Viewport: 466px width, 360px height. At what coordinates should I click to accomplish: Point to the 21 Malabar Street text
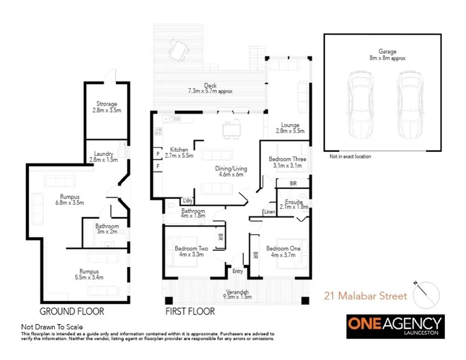pyautogui.click(x=366, y=296)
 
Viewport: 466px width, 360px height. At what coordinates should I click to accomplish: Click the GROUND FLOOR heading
pyautogui.click(x=71, y=311)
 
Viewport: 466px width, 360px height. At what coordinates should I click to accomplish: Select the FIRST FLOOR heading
pyautogui.click(x=190, y=311)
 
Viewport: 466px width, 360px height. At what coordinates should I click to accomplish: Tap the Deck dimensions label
pyautogui.click(x=210, y=88)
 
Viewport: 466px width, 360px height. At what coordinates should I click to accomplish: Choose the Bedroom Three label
pyautogui.click(x=288, y=162)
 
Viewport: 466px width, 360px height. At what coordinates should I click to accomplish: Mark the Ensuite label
pyautogui.click(x=294, y=204)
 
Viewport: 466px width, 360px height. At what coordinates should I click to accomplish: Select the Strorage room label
pyautogui.click(x=106, y=107)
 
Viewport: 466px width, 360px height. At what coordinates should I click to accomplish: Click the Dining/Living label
pyautogui.click(x=230, y=172)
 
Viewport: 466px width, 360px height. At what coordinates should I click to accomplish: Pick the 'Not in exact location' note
pyautogui.click(x=349, y=157)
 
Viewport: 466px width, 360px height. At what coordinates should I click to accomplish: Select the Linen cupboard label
pyautogui.click(x=269, y=212)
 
